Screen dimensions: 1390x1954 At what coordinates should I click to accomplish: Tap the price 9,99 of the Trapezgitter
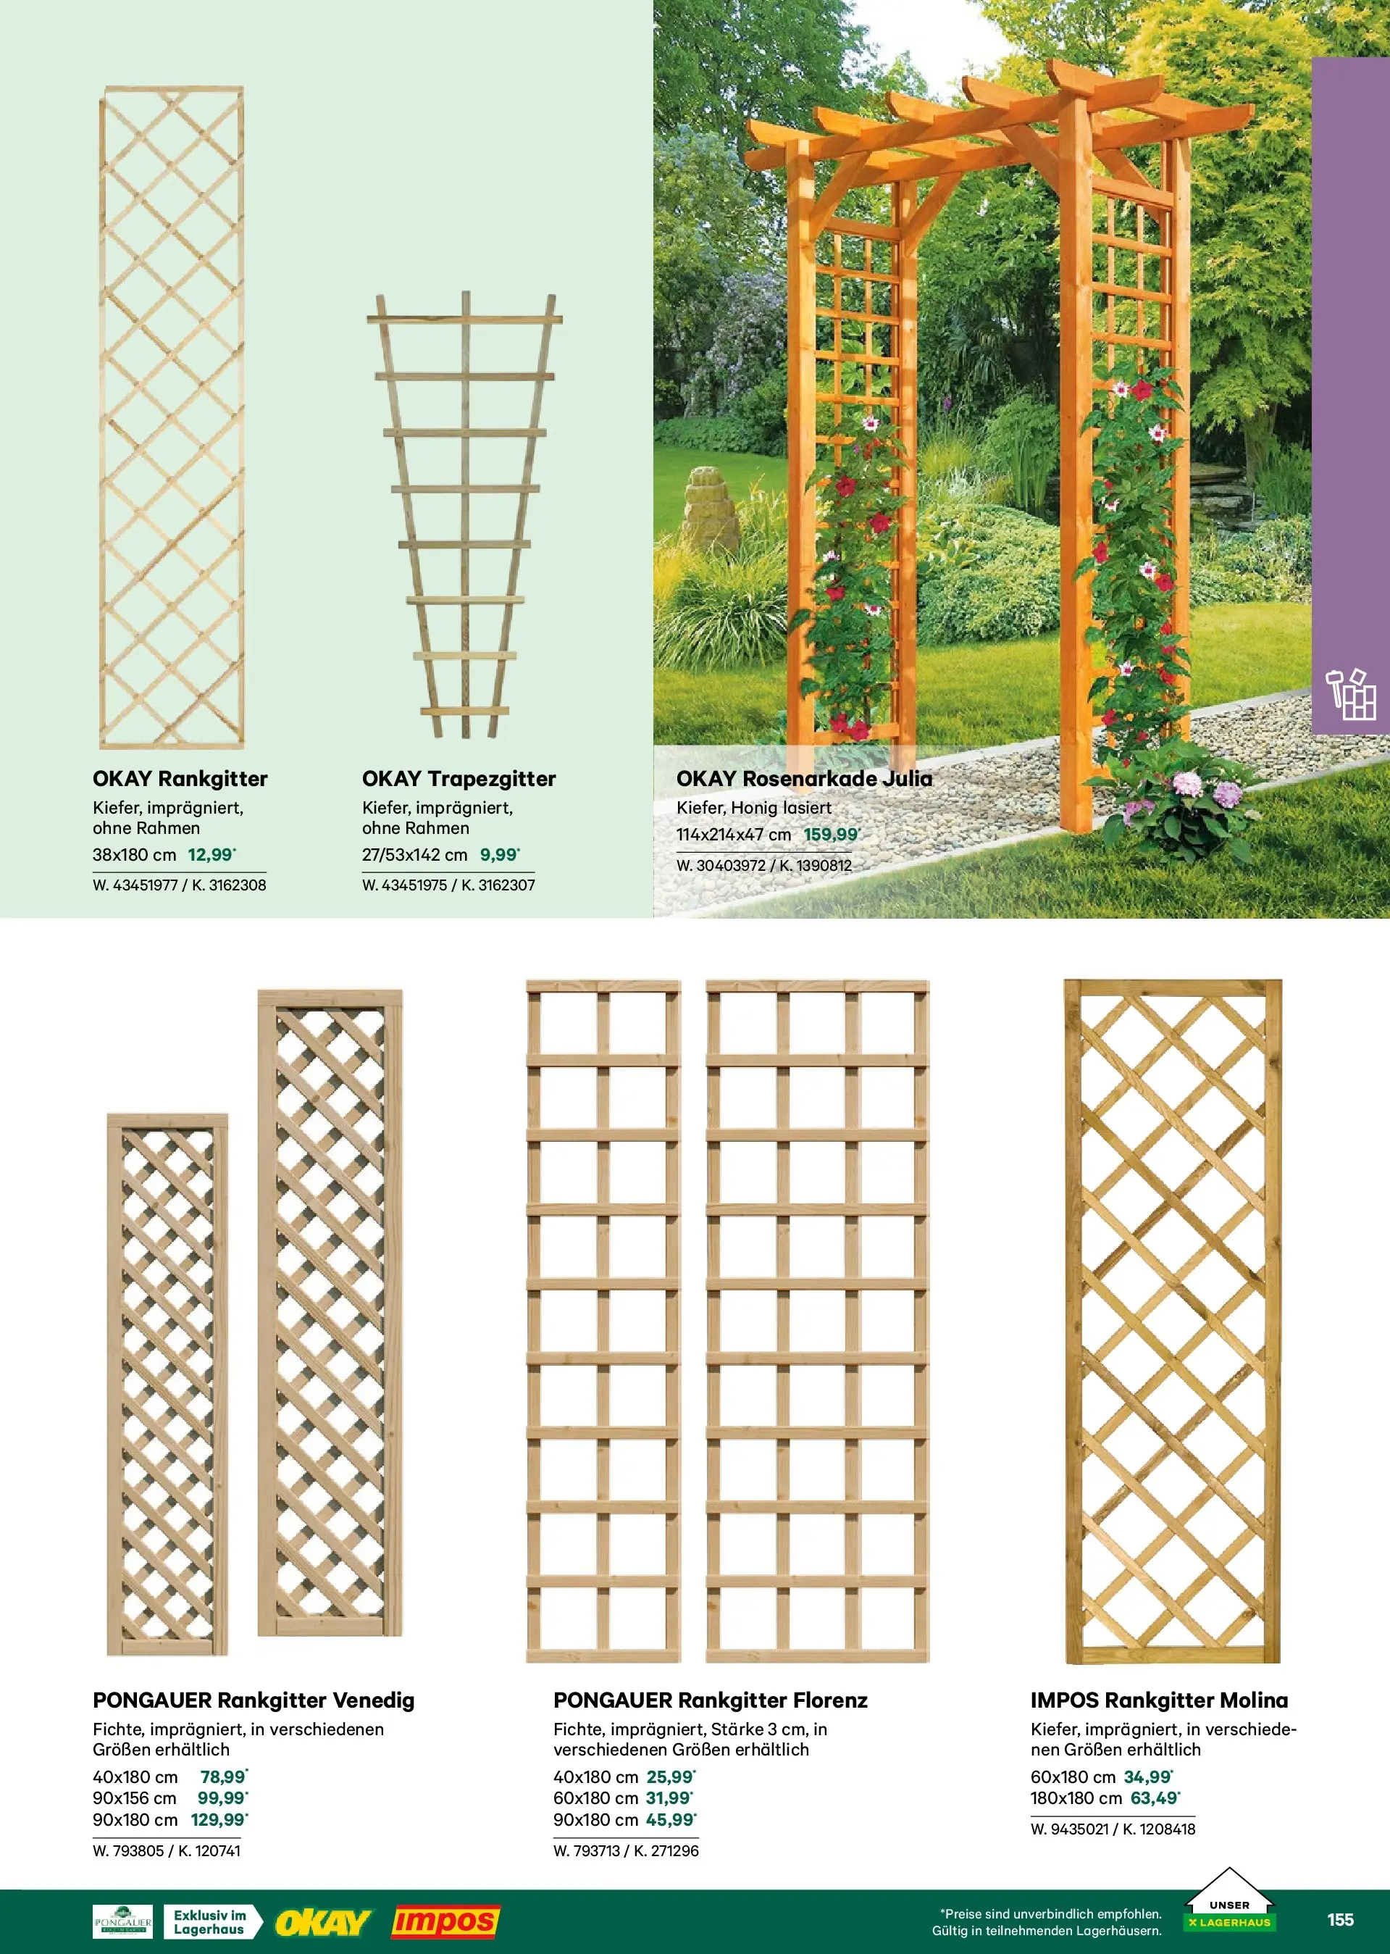(x=500, y=854)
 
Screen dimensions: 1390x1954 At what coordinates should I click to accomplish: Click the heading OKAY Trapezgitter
(x=459, y=779)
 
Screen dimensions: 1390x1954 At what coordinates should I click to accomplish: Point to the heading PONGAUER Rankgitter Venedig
(x=254, y=1700)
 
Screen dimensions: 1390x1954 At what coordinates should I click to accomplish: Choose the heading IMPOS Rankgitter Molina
(x=1159, y=1700)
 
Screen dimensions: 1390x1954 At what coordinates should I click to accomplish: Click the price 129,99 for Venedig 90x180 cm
(x=219, y=1820)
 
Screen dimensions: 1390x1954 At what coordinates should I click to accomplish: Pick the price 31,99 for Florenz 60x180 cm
(x=669, y=1798)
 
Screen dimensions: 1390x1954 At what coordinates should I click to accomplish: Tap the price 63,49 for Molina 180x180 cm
(x=1155, y=1798)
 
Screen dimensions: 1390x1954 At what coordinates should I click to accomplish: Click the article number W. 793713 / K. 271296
(x=626, y=1850)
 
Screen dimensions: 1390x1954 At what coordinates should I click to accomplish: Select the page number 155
(x=1340, y=1920)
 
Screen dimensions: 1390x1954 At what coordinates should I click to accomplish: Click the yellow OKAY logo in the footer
(x=322, y=1922)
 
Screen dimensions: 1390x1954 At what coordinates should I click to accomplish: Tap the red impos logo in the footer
(x=445, y=1922)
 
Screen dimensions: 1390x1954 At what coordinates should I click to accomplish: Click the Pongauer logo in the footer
(x=122, y=1921)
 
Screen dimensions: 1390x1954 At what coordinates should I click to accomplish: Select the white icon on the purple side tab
(x=1351, y=695)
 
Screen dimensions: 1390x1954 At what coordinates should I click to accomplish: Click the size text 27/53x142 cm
(x=414, y=855)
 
